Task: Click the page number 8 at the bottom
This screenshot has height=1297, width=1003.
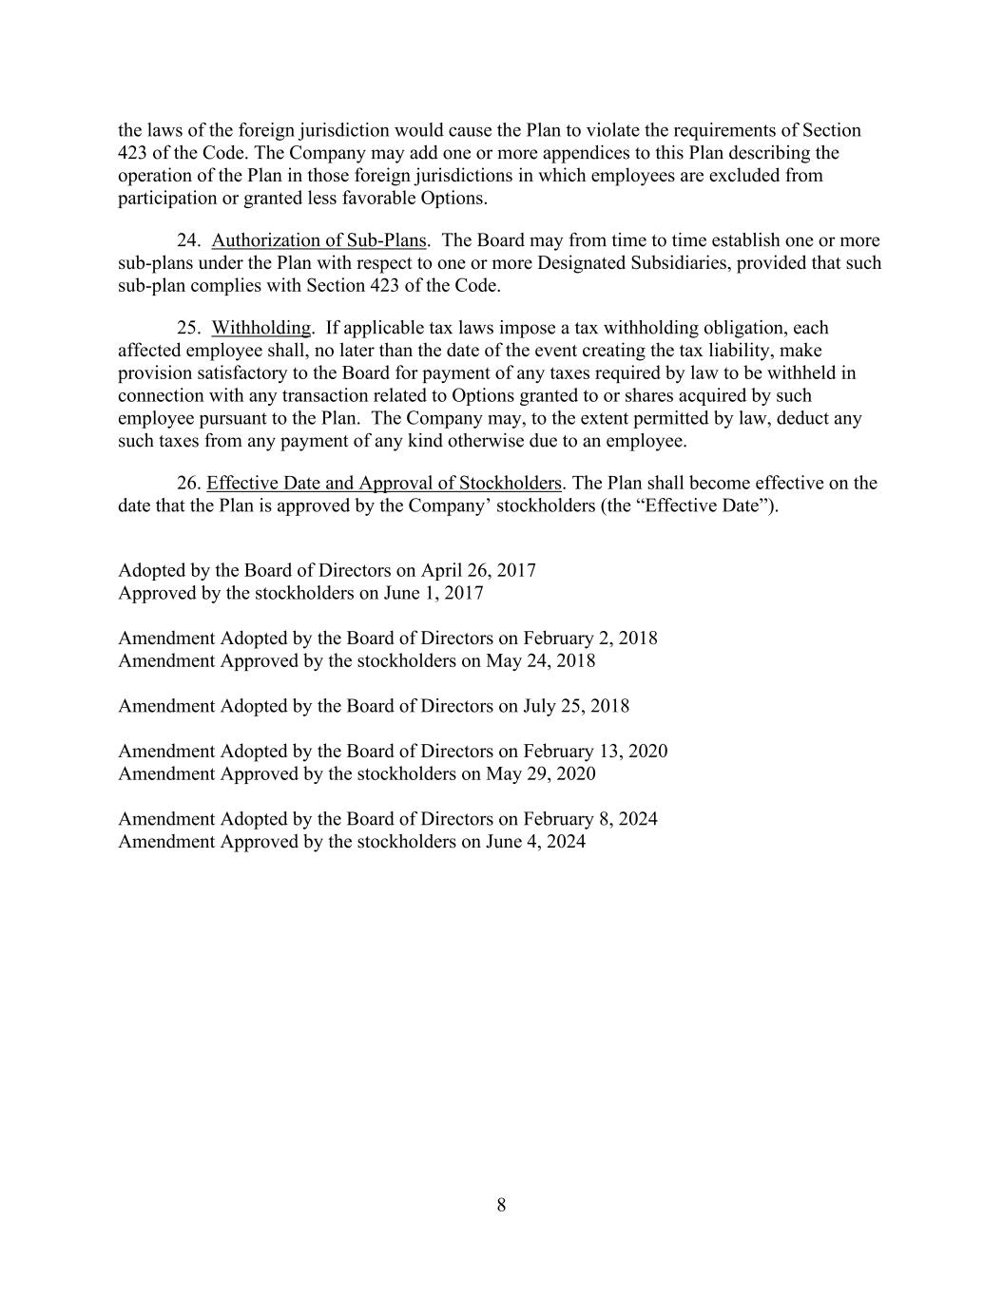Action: tap(501, 1206)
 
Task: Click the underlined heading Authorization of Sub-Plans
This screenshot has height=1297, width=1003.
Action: tap(318, 240)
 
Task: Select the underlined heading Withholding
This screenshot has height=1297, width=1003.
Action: tap(260, 328)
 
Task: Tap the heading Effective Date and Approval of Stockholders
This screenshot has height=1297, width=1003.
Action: tap(384, 483)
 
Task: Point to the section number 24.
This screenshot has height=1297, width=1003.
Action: tap(188, 240)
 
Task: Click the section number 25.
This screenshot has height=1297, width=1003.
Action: tap(188, 328)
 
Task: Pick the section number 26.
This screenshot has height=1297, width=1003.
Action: tap(188, 483)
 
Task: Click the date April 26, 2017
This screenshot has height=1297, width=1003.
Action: tap(478, 570)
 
